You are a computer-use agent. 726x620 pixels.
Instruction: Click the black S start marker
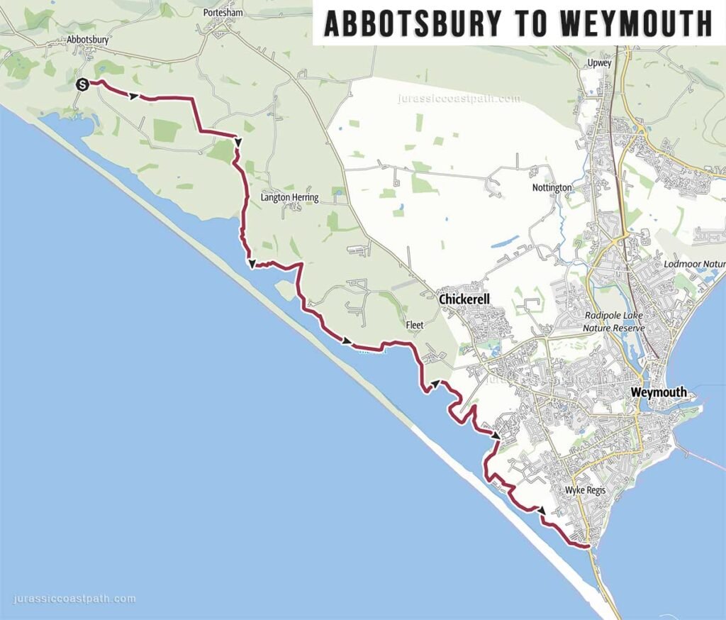tap(82, 84)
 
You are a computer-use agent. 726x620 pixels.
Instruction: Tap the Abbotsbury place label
tap(87, 40)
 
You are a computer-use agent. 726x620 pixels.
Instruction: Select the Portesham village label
tap(223, 13)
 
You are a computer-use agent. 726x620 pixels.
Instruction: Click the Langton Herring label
tap(289, 197)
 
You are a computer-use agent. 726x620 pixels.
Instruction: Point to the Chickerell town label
tap(464, 300)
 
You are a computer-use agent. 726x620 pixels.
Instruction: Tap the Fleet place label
tap(414, 325)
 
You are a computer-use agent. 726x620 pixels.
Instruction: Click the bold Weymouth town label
tap(659, 392)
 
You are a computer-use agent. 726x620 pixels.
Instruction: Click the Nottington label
tap(552, 188)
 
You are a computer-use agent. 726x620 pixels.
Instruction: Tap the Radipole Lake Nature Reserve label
tap(612, 321)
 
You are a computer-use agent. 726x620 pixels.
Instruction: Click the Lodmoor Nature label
tap(695, 265)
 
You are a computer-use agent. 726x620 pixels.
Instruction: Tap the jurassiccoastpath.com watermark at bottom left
tap(74, 599)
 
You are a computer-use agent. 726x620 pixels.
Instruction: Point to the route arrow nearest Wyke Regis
tap(542, 510)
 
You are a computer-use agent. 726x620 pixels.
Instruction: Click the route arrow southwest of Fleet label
tap(347, 342)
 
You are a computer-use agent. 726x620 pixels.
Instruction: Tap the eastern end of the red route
tap(588, 546)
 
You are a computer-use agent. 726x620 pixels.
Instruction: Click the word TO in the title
tap(530, 23)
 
